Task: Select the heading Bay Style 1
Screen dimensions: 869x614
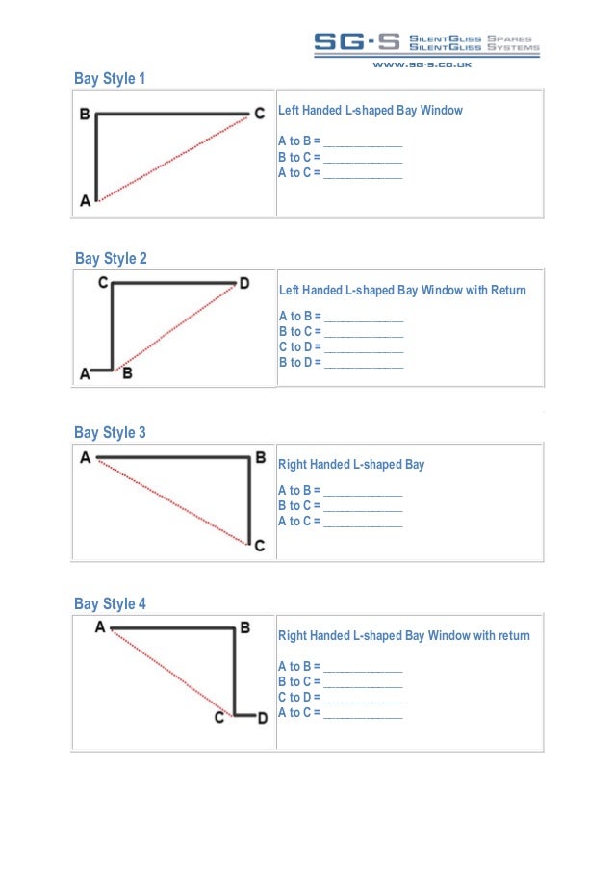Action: pyautogui.click(x=110, y=79)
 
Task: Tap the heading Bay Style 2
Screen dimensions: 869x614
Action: pyautogui.click(x=112, y=259)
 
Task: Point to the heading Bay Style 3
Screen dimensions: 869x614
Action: pyautogui.click(x=111, y=433)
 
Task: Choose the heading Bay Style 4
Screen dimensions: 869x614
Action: pyautogui.click(x=111, y=604)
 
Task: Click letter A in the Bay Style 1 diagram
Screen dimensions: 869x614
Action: pyautogui.click(x=85, y=200)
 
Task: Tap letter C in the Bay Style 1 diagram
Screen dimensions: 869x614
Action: pyautogui.click(x=259, y=114)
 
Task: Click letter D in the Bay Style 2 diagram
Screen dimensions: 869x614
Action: pyautogui.click(x=244, y=283)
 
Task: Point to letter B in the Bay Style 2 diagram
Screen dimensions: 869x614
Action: pyautogui.click(x=127, y=373)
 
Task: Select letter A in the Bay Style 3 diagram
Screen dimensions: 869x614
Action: pyautogui.click(x=86, y=458)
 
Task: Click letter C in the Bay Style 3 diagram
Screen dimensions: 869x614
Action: pyautogui.click(x=259, y=546)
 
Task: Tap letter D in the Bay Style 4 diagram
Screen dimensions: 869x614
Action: pyautogui.click(x=262, y=717)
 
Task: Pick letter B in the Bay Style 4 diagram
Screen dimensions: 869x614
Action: pyautogui.click(x=245, y=627)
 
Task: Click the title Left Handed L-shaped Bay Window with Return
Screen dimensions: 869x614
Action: pyautogui.click(x=402, y=290)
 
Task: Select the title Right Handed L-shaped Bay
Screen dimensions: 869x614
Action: pyautogui.click(x=351, y=465)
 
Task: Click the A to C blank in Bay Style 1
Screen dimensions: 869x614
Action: pyautogui.click(x=363, y=173)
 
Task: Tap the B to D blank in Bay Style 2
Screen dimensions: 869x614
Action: pyautogui.click(x=364, y=363)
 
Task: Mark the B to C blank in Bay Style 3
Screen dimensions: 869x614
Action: pyautogui.click(x=363, y=506)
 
